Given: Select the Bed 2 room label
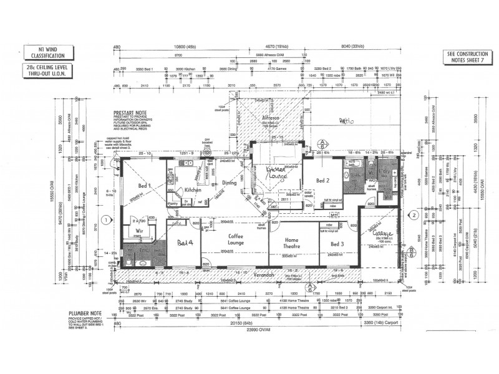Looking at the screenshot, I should pos(322,181).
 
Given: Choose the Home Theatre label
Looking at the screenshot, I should pos(291,242).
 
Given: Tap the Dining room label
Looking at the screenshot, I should pos(231,183).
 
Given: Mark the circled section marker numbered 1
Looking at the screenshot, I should pos(107,219).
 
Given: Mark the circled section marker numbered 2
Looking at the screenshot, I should pos(413,215).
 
